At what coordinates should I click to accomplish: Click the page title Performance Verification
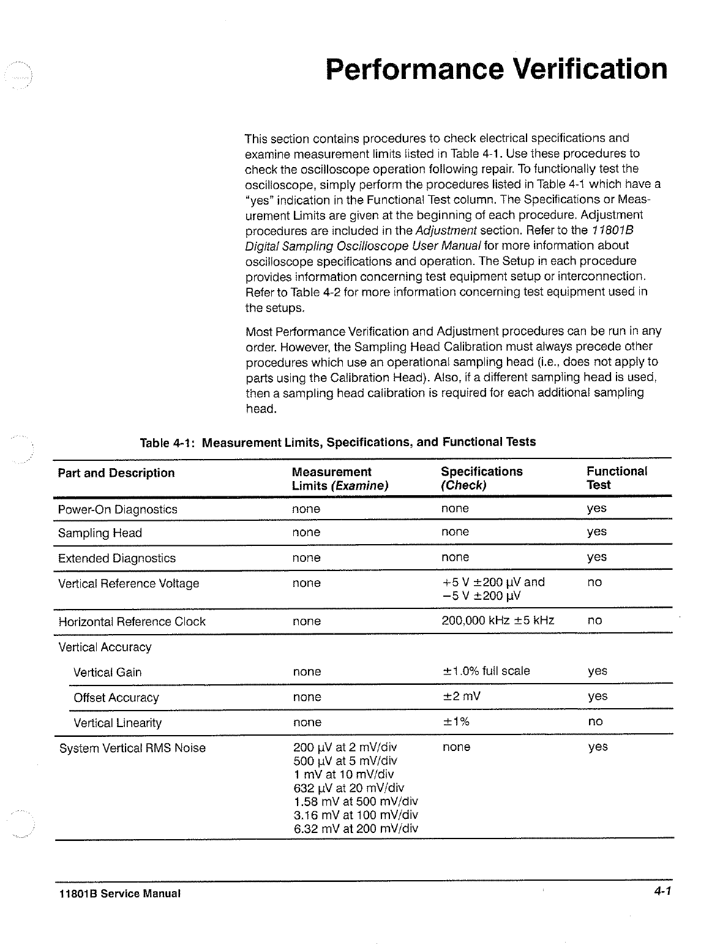pos(497,69)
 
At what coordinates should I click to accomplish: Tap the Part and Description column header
pos(116,473)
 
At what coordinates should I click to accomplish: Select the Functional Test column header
pos(617,478)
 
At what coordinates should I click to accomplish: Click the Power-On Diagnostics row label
pos(118,510)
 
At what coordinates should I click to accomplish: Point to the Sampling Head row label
pos(100,533)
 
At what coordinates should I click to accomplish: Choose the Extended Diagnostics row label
pos(116,558)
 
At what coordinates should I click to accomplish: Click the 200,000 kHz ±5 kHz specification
pos(498,621)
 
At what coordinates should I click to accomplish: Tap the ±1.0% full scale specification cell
pos(486,671)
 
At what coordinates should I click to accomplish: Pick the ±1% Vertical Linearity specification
pos(455,722)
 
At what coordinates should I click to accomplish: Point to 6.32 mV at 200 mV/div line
pos(356,829)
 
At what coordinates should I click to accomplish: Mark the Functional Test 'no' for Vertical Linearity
pos(595,722)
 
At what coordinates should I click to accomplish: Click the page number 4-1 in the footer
pos(662,891)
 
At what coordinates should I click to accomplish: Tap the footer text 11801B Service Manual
pos(119,894)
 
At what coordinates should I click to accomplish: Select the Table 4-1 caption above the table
pos(338,442)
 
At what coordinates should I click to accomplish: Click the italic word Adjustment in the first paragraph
pos(446,231)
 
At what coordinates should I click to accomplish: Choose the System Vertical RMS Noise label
pos(132,748)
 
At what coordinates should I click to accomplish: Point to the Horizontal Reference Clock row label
pos(132,622)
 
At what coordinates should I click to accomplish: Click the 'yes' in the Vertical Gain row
pos(598,671)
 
